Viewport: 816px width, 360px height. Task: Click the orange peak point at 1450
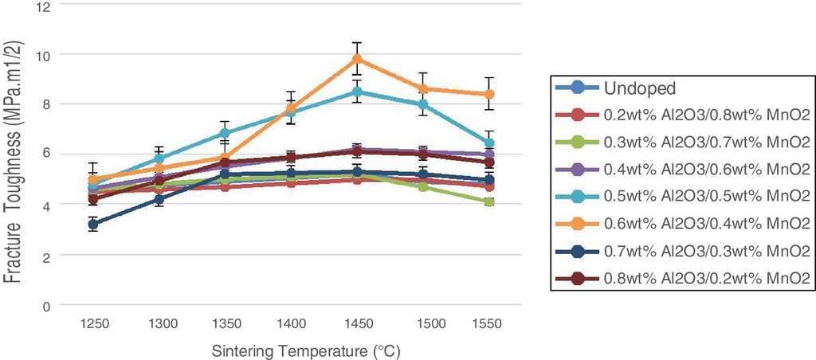click(x=357, y=59)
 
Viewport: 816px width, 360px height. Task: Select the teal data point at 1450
click(x=357, y=92)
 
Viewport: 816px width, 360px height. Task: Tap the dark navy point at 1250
click(x=93, y=225)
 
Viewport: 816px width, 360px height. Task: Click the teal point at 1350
click(x=226, y=134)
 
